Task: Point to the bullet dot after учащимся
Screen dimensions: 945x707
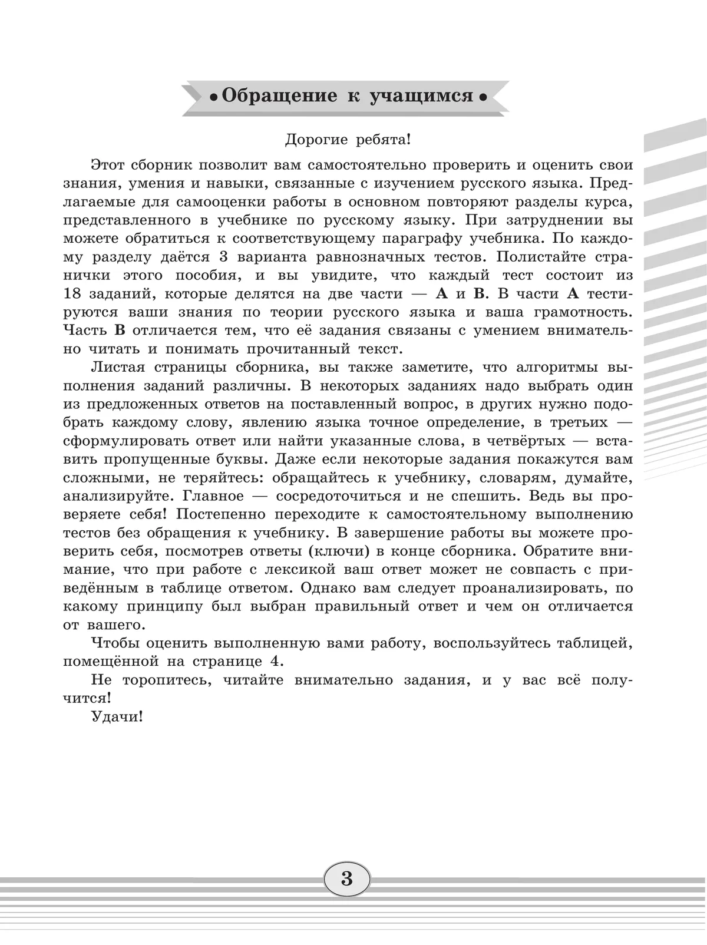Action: tap(483, 97)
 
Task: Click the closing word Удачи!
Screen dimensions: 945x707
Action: tap(117, 717)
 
